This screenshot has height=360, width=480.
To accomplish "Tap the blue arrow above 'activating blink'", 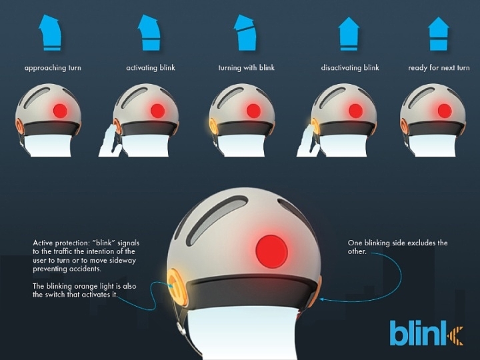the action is (x=149, y=33).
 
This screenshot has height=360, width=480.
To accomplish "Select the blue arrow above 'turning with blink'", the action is (x=245, y=33).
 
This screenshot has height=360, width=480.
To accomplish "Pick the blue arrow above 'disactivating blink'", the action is (x=348, y=35).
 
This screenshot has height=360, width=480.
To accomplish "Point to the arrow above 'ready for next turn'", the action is (x=438, y=35).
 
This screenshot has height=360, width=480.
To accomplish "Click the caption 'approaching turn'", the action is (x=53, y=68).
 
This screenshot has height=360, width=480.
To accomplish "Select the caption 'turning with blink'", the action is (x=247, y=68).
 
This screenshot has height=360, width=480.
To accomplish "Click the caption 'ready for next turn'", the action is (x=439, y=68).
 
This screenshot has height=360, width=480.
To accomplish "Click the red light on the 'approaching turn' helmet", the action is (x=60, y=109).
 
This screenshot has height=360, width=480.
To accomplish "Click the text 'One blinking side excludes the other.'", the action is (x=397, y=247).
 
